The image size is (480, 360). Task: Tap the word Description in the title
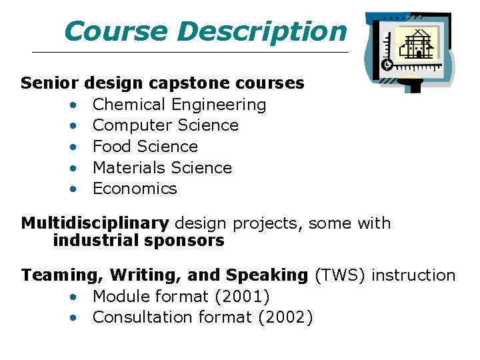(x=262, y=31)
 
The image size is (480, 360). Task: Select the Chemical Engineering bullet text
(x=179, y=105)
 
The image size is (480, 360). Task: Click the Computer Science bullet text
(x=165, y=125)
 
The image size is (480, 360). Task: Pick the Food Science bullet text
(x=145, y=147)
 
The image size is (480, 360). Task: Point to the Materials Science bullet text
(x=162, y=168)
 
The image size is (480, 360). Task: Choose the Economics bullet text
(x=135, y=189)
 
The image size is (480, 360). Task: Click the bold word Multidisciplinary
(x=95, y=223)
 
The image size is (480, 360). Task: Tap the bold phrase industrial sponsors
(x=139, y=241)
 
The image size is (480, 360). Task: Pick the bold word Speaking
(x=267, y=275)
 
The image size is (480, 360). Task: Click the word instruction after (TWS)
(x=413, y=275)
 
